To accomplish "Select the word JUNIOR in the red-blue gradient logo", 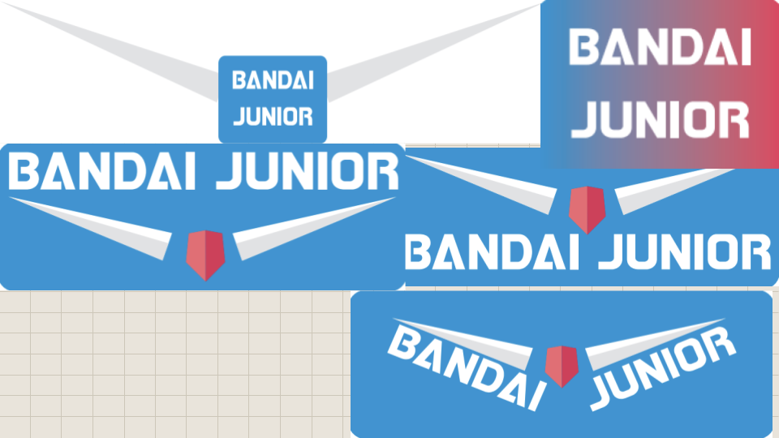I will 659,119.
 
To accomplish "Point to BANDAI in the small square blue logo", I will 273,81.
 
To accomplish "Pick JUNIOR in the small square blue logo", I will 273,117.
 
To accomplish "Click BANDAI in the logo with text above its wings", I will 105,172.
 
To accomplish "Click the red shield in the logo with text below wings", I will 587,207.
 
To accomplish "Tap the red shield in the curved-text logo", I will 560,365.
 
